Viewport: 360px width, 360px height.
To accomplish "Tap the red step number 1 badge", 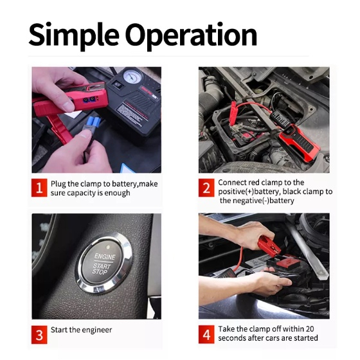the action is click(39, 188).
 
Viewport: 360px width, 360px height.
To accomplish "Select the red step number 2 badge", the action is click(206, 188).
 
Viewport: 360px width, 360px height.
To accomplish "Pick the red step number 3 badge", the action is click(39, 334).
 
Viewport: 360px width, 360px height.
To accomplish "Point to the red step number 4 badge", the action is click(206, 334).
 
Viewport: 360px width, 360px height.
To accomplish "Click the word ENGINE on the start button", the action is click(105, 256).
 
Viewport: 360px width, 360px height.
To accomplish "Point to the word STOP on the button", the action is click(100, 271).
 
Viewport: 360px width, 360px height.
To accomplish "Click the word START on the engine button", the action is click(102, 266).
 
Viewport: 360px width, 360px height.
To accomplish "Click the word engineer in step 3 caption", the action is click(96, 330).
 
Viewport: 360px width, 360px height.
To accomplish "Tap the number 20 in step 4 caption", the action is click(309, 329).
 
